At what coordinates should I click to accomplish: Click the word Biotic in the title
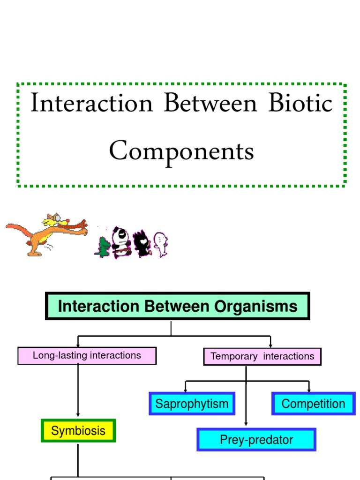300,104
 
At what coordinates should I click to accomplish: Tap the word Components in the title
181,151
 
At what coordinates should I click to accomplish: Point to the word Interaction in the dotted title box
92,104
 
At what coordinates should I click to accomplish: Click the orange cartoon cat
46,233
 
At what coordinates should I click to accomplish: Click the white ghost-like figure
160,244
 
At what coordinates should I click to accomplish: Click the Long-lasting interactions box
87,356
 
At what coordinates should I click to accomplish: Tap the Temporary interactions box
262,357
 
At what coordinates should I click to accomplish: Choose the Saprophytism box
192,404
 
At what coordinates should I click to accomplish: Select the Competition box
313,404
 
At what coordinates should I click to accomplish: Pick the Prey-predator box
256,440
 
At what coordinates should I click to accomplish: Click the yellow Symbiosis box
78,431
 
